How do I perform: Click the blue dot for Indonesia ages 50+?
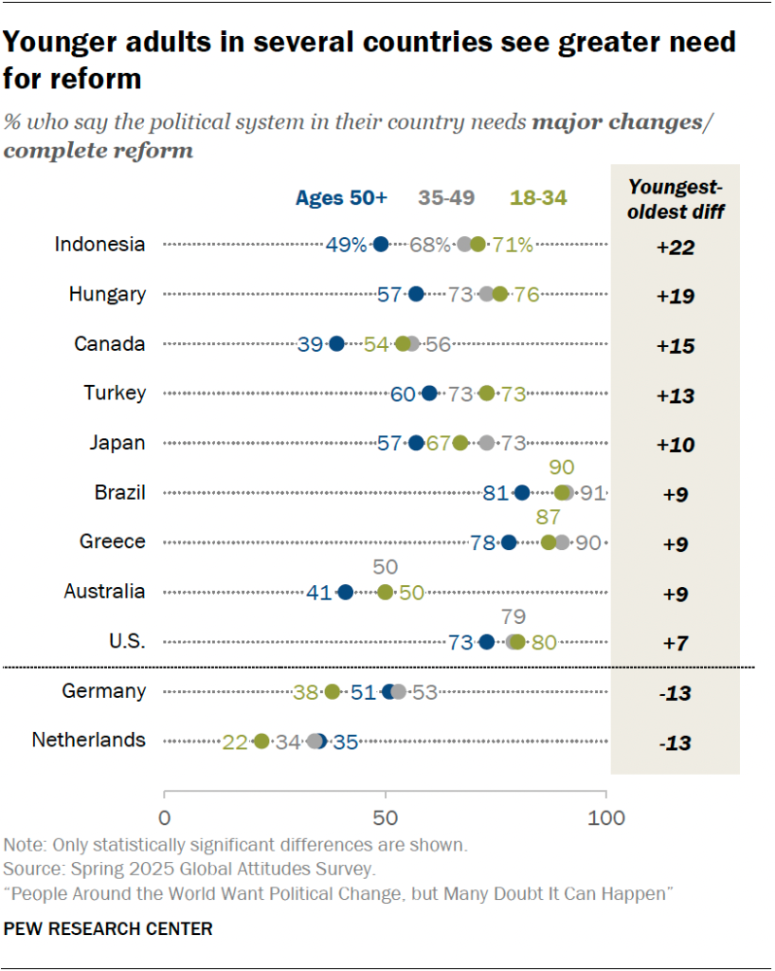click(381, 245)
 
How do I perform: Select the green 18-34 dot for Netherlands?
click(261, 742)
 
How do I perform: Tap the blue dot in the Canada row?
click(336, 344)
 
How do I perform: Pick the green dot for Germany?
click(332, 692)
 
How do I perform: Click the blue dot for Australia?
click(345, 593)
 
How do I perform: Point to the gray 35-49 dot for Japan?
click(487, 443)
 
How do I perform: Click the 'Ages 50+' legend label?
click(341, 198)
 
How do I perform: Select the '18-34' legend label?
click(539, 198)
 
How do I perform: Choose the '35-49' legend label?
click(446, 198)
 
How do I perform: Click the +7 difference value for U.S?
click(675, 643)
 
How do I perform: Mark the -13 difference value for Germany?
click(675, 693)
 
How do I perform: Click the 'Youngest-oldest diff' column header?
click(676, 199)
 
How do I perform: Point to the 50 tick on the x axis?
click(385, 818)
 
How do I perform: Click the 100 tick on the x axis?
click(605, 818)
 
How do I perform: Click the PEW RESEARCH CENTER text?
click(108, 929)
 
